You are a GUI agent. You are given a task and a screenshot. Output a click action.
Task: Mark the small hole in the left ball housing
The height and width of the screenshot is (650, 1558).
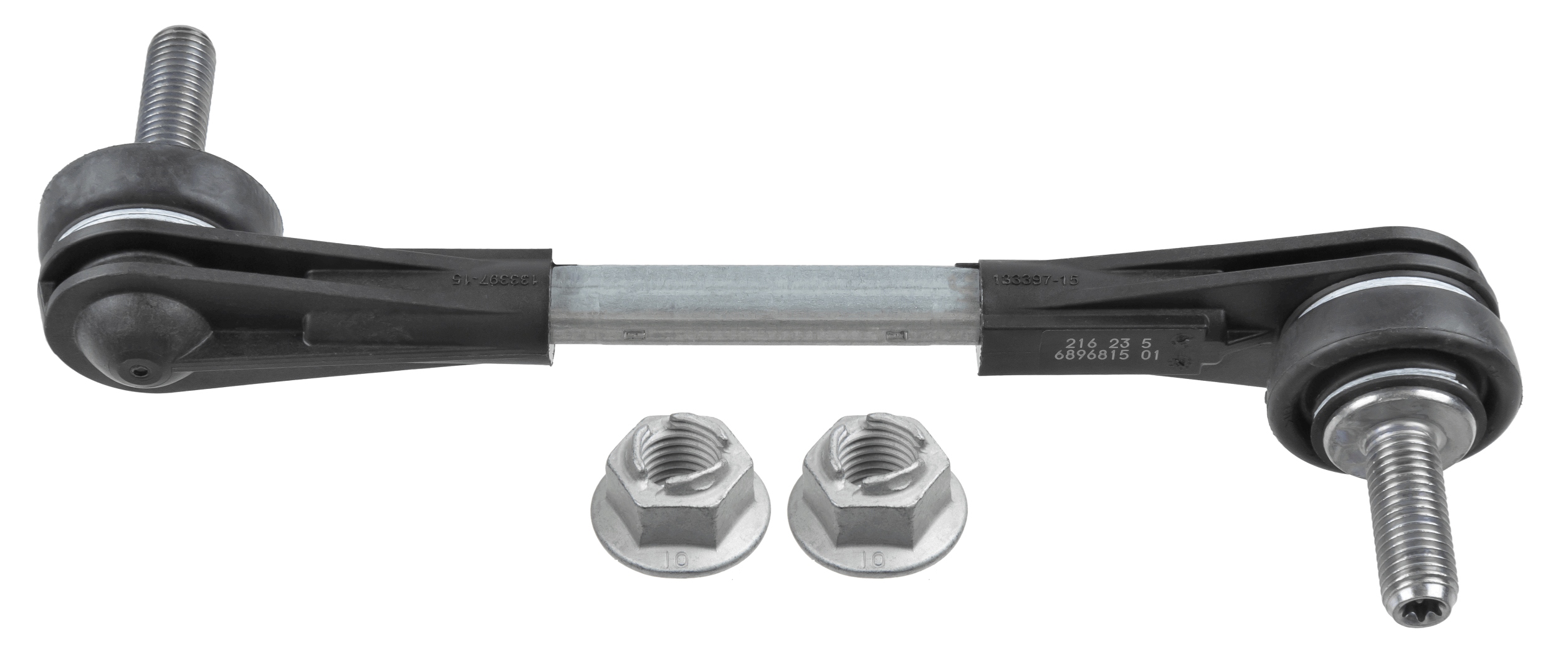[x=138, y=372]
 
